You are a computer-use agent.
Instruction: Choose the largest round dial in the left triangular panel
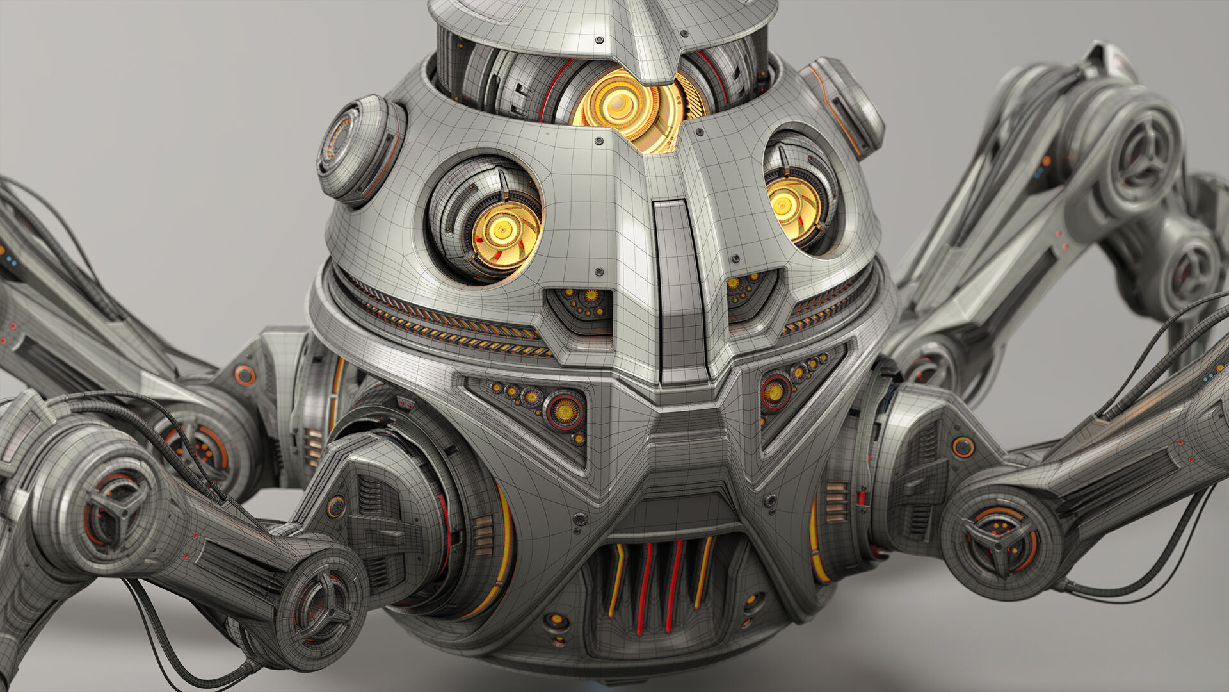pos(564,408)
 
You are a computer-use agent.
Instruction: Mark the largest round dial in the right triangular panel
pos(775,391)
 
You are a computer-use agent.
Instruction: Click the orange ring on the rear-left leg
pos(244,375)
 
